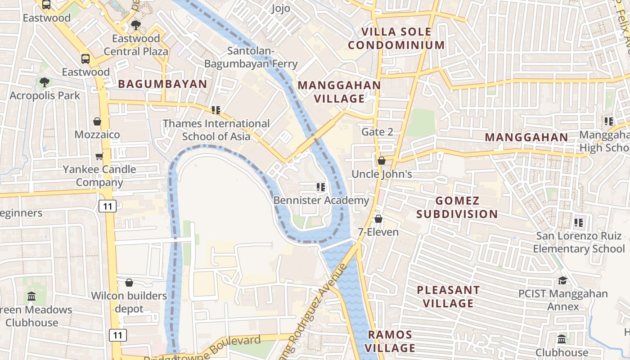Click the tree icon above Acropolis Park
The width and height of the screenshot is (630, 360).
(x=44, y=82)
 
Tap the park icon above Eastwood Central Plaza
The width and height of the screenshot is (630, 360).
(x=135, y=25)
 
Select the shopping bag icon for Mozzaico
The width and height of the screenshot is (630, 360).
(x=97, y=121)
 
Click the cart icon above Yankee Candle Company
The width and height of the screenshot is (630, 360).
(x=99, y=156)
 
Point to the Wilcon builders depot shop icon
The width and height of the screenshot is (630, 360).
(x=129, y=283)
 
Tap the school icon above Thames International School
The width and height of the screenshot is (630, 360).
(x=216, y=110)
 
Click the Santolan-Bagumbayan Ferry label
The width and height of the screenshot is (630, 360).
(x=251, y=58)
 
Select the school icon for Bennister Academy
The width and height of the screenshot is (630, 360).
(x=320, y=187)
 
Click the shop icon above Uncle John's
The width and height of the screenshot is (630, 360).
(x=382, y=161)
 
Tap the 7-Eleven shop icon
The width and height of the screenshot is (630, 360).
(x=378, y=219)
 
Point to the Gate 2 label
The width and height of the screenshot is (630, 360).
(x=377, y=132)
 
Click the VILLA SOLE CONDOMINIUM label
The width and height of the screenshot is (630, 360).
(x=396, y=38)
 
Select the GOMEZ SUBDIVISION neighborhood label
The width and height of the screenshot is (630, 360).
(x=457, y=207)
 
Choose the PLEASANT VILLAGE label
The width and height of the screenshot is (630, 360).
(x=448, y=297)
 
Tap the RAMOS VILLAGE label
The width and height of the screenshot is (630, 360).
(x=390, y=341)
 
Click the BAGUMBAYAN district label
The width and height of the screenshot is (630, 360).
(x=162, y=84)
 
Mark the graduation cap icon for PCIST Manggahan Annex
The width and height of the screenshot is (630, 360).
(x=562, y=281)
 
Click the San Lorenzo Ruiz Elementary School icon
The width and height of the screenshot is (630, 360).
(x=579, y=222)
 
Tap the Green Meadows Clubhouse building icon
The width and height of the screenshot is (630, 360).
(x=31, y=297)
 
